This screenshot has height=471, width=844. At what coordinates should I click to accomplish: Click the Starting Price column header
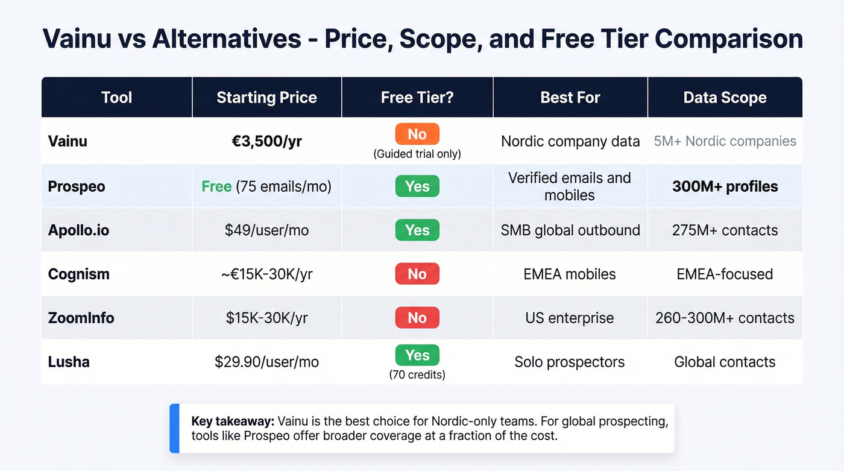point(266,98)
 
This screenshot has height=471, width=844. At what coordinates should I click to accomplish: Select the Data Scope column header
point(725,98)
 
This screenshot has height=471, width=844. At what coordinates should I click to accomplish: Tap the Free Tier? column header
point(417,98)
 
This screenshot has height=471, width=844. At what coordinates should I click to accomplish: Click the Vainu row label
point(68,141)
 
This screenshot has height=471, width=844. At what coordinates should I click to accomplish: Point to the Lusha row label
point(69,362)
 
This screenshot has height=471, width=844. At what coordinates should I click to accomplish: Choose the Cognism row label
point(78,274)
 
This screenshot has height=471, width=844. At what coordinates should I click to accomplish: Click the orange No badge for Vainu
point(417,134)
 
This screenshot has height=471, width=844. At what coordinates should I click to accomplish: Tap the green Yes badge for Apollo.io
point(417,230)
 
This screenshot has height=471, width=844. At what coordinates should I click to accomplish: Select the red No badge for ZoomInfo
point(417,318)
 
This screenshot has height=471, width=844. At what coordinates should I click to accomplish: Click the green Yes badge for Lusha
point(417,355)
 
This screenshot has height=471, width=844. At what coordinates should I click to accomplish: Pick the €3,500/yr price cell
point(266,141)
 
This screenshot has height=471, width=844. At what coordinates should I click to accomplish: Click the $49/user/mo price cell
point(266,230)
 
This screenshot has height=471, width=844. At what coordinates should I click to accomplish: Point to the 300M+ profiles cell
point(725,186)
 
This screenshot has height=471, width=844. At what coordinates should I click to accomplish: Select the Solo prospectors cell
point(570,362)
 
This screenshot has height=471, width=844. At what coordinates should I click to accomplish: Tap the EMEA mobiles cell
point(570,274)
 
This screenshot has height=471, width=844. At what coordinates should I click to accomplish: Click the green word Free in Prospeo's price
point(216,186)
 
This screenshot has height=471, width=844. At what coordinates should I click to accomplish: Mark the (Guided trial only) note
point(417,154)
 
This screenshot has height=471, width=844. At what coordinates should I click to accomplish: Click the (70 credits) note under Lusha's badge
point(417,375)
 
